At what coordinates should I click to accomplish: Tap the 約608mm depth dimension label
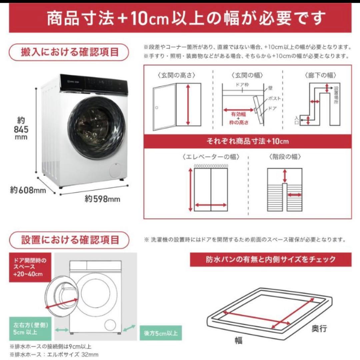pos(28,190)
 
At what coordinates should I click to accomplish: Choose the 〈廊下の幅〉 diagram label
pos(316,75)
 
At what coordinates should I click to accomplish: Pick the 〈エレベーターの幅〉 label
pos(211,157)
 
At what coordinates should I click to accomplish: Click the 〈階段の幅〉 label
pos(285,157)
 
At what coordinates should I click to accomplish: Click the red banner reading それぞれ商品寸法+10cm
pos(247,141)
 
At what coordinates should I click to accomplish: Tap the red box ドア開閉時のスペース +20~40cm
pos(30,269)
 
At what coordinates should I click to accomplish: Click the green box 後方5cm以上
pos(161,333)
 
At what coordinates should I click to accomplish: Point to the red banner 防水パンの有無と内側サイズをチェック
pos(270,260)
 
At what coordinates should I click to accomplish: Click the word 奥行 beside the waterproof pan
pos(319,329)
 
